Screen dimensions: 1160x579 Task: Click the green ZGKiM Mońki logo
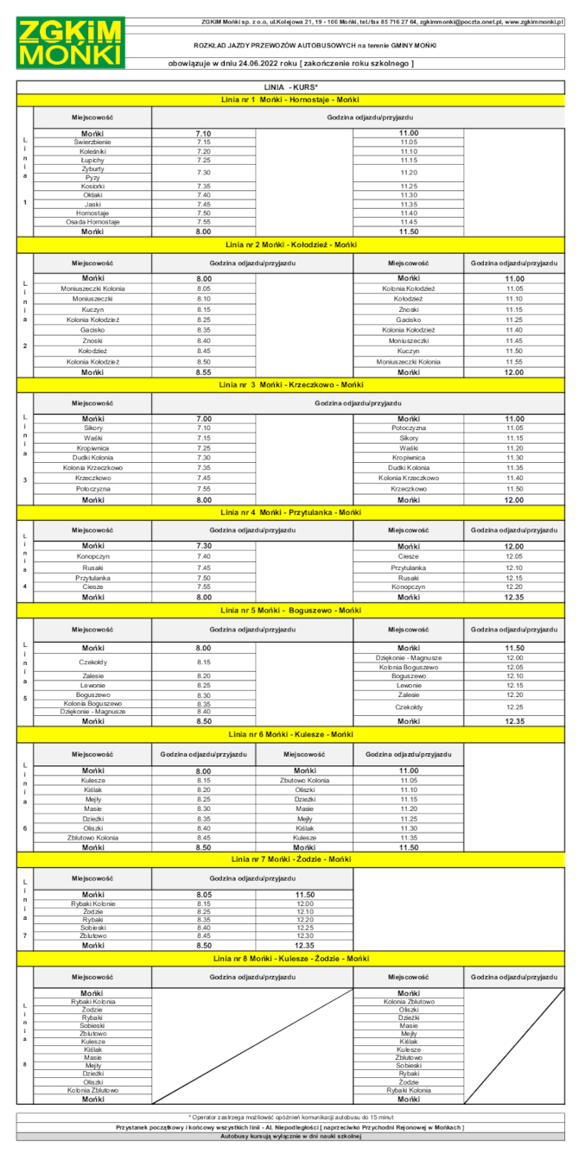tap(71, 42)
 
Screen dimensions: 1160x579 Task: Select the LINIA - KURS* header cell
tap(290, 88)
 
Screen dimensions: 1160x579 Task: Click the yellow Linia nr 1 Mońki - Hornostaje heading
tap(290, 101)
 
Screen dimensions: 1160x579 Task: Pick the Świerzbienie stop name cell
tap(92, 142)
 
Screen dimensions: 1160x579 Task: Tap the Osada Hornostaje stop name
tap(92, 222)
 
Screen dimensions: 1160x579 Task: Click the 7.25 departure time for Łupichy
tap(203, 160)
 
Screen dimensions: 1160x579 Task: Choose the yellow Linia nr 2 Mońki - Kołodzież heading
tap(290, 245)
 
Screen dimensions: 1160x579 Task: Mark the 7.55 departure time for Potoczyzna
tap(203, 489)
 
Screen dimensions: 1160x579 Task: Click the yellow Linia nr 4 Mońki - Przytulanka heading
tap(290, 512)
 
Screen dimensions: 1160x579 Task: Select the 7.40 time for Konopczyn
tap(203, 556)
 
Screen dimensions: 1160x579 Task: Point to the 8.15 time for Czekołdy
tap(203, 662)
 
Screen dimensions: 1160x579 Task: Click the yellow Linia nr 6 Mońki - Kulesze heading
tap(290, 734)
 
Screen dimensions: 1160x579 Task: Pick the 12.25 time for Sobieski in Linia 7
tap(304, 928)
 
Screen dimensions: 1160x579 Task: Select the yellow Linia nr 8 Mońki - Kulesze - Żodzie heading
tap(290, 959)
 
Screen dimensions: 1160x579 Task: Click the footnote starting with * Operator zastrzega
tap(290, 1118)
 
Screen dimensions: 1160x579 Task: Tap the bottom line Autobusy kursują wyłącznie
tap(290, 1136)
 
